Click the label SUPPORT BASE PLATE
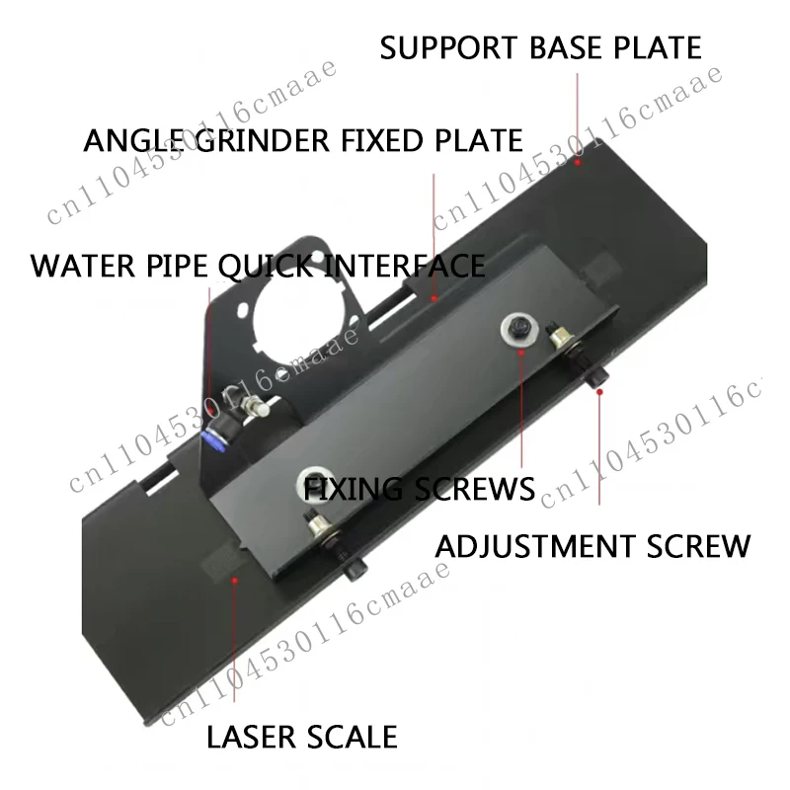tap(540, 47)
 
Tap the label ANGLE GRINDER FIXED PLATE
tap(303, 140)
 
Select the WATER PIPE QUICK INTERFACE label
tap(258, 266)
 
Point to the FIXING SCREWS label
tap(419, 489)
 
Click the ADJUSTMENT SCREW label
tap(592, 546)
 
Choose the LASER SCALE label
tap(302, 737)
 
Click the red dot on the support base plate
tap(578, 162)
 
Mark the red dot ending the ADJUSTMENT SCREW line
tap(599, 391)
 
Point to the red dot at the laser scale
tap(234, 581)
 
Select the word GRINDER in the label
tap(262, 140)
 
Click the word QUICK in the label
tap(266, 266)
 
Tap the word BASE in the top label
tap(565, 47)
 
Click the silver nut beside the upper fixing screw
tap(559, 335)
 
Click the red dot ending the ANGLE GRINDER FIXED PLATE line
tap(434, 298)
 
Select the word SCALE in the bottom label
tap(352, 737)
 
